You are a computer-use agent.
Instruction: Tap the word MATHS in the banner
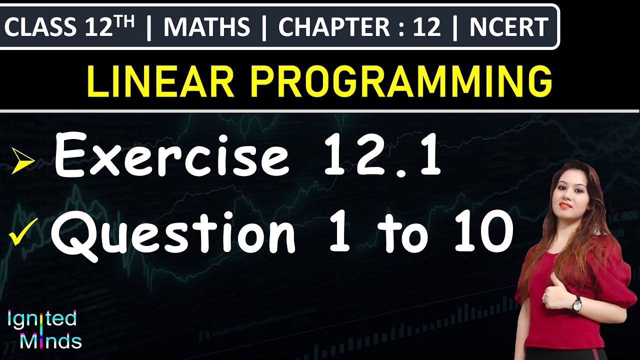(206, 27)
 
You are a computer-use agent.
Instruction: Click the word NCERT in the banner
(508, 27)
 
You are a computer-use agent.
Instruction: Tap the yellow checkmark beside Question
(24, 234)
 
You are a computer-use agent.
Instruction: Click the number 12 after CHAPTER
(426, 27)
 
